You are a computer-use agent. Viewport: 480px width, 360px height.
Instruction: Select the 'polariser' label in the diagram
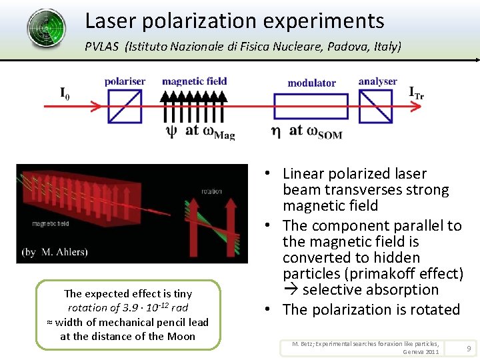click(125, 81)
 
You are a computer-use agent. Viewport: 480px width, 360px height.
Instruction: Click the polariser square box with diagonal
click(125, 106)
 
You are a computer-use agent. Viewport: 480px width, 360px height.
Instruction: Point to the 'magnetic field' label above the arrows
click(194, 81)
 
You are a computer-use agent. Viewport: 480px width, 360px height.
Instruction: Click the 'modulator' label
click(311, 83)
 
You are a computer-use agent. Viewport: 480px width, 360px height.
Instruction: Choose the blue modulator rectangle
click(311, 106)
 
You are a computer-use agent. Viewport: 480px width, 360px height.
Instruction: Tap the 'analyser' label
click(377, 81)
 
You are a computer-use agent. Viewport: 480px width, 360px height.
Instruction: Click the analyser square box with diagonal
click(375, 106)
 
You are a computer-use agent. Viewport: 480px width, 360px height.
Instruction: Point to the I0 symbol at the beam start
click(65, 94)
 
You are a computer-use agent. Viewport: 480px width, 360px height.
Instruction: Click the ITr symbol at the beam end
click(416, 93)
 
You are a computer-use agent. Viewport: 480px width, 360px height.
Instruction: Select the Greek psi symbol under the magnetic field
click(171, 131)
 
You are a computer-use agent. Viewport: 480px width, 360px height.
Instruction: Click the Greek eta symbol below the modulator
click(275, 131)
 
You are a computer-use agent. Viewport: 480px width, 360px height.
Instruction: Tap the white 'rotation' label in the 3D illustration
click(211, 191)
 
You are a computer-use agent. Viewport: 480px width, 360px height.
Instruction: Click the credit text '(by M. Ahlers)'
click(54, 252)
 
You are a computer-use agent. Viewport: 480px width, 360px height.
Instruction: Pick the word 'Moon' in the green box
click(181, 336)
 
